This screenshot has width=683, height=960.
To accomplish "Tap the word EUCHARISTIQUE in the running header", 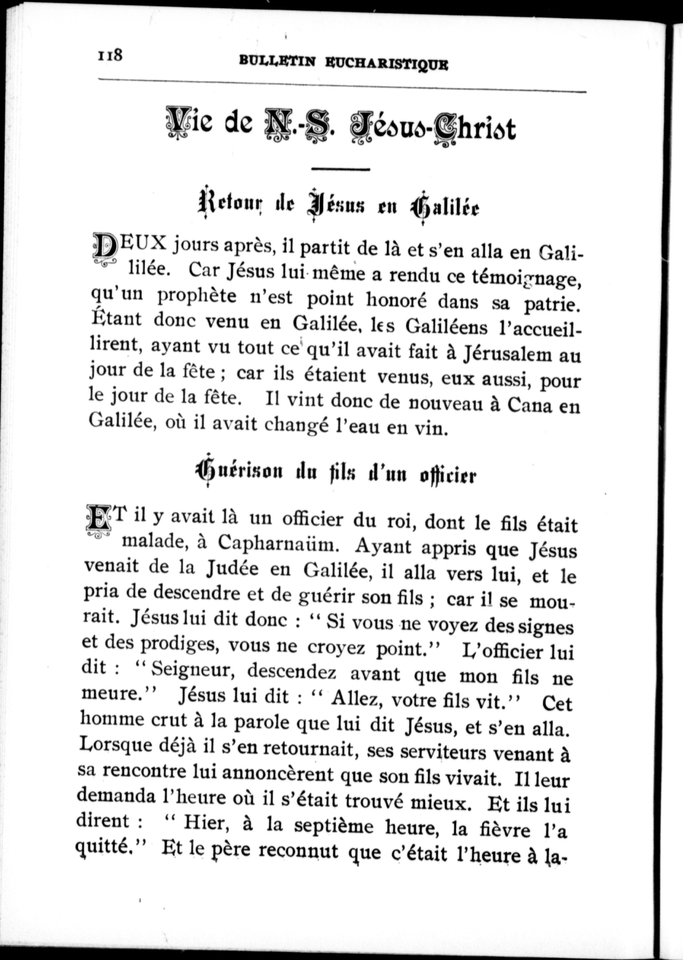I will coord(386,64).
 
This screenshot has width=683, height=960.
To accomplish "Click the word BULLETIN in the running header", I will coord(277,61).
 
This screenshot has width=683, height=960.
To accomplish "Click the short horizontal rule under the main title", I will coord(340,169).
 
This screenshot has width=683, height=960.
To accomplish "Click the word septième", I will coord(334,826).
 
